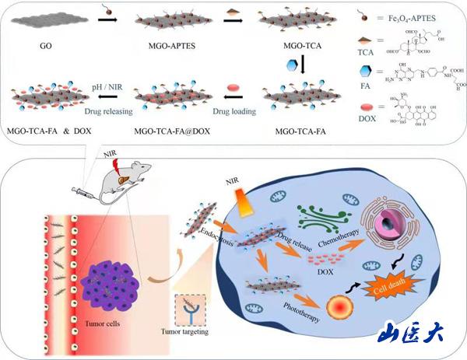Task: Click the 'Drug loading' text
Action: (x=234, y=112)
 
